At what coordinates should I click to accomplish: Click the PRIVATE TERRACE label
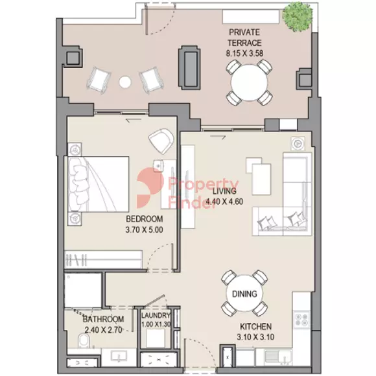(x=244, y=38)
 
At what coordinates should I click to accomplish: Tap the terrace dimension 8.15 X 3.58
(x=244, y=53)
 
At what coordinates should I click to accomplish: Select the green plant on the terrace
(x=298, y=17)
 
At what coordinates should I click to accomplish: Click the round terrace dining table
(x=249, y=83)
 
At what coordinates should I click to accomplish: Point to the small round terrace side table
(x=125, y=82)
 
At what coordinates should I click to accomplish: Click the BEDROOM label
(x=145, y=219)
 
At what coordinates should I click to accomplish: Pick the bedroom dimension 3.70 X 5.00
(x=144, y=229)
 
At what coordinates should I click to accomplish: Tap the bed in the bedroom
(x=99, y=184)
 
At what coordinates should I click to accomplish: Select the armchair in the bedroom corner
(x=161, y=141)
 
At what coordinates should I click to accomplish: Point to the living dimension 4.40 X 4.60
(x=224, y=202)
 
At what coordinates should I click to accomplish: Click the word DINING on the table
(x=244, y=294)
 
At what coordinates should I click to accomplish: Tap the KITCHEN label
(x=256, y=326)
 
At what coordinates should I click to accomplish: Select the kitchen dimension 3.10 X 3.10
(x=255, y=337)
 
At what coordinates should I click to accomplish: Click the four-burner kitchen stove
(x=301, y=320)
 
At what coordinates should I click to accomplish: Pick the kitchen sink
(x=278, y=357)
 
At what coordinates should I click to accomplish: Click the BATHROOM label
(x=103, y=319)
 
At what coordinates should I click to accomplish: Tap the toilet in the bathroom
(x=84, y=340)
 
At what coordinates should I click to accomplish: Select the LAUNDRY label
(x=156, y=315)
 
